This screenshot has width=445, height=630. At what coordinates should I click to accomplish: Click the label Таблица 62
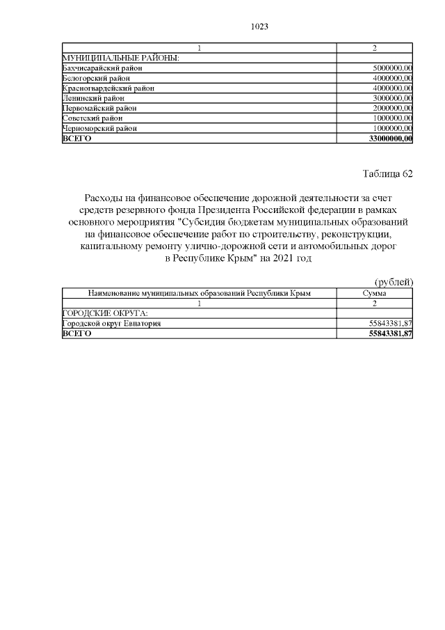click(x=388, y=174)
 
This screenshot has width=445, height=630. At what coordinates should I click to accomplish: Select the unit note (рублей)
click(x=394, y=282)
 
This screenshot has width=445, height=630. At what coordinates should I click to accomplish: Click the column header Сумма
click(x=375, y=294)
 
